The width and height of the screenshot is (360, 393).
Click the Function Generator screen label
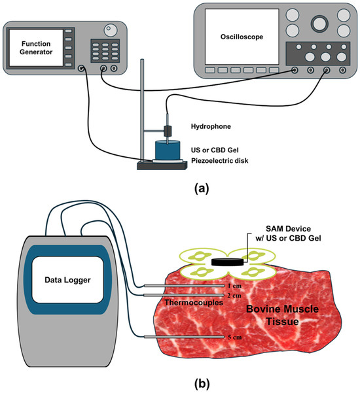pyautogui.click(x=36, y=48)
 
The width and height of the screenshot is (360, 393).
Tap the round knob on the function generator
pyautogui.click(x=111, y=30)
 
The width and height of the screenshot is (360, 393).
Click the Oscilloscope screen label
pyautogui.click(x=242, y=37)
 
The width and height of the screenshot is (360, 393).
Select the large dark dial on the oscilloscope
pyautogui.click(x=319, y=24)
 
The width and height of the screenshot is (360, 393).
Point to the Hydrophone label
pyautogui.click(x=211, y=126)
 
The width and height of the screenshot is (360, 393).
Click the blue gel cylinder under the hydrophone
pyautogui.click(x=168, y=150)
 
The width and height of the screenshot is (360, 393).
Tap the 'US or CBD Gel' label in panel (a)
pyautogui.click(x=215, y=150)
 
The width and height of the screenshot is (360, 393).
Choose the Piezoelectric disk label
pyautogui.click(x=220, y=160)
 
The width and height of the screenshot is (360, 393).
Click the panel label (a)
pyautogui.click(x=202, y=188)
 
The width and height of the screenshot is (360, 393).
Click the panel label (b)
pyautogui.click(x=202, y=383)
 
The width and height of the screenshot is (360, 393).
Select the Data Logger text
pyautogui.click(x=67, y=280)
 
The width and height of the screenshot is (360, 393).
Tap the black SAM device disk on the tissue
pyautogui.click(x=228, y=262)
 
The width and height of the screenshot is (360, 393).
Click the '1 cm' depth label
pyautogui.click(x=234, y=286)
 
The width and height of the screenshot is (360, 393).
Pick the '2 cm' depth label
pyautogui.click(x=234, y=296)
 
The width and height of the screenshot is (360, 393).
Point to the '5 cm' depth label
pyautogui.click(x=235, y=337)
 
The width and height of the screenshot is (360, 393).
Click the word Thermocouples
pyautogui.click(x=194, y=303)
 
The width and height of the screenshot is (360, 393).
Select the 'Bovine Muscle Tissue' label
pyautogui.click(x=282, y=315)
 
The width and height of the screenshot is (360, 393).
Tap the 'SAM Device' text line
pyautogui.click(x=288, y=229)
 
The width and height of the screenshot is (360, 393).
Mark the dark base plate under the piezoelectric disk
pyautogui.click(x=162, y=165)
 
